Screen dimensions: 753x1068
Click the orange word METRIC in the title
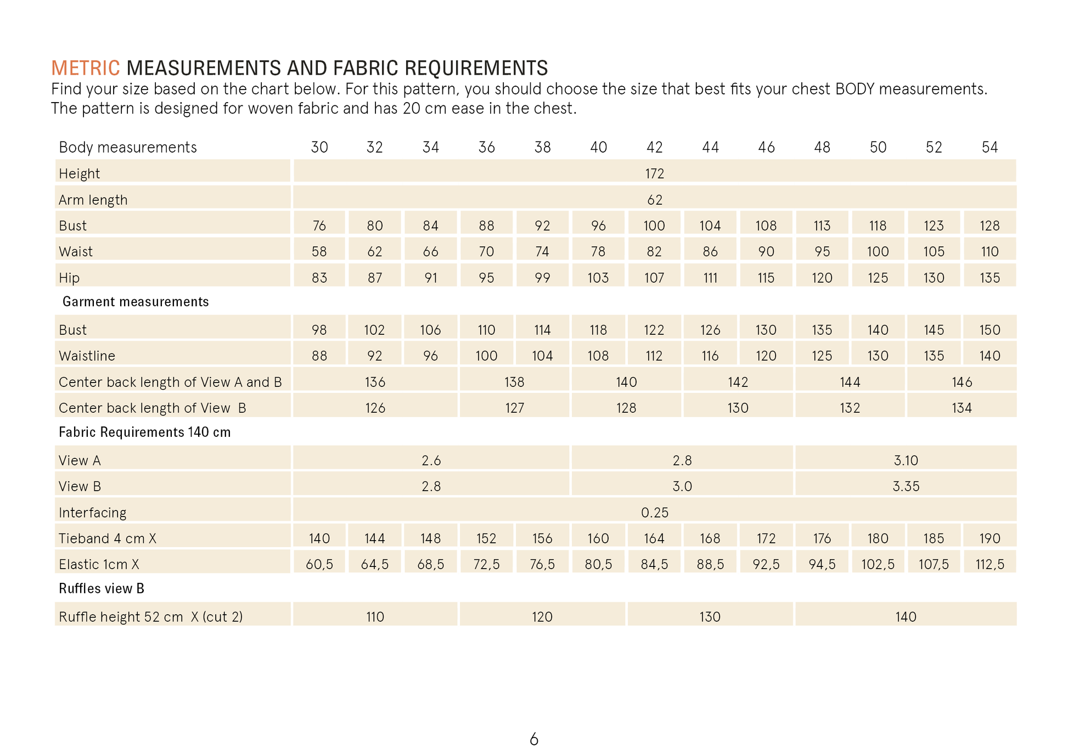click(x=85, y=68)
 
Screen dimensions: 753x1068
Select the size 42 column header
click(x=654, y=147)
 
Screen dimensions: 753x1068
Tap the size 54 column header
click(x=990, y=147)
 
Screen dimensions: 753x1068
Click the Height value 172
click(x=654, y=173)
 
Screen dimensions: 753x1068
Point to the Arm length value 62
click(x=654, y=200)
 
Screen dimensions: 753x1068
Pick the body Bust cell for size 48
click(x=822, y=226)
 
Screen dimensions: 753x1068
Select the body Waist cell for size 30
click(x=319, y=251)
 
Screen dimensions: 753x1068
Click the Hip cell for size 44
click(x=710, y=278)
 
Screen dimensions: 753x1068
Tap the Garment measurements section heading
click(x=136, y=302)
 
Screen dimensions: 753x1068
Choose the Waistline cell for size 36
click(x=486, y=356)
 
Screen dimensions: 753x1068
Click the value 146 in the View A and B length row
click(x=962, y=382)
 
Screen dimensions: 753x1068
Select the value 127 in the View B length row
click(x=514, y=408)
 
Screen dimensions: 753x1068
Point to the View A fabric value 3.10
click(x=906, y=460)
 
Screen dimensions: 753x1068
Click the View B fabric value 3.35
click(x=906, y=486)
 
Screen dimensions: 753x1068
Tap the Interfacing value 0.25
click(x=654, y=513)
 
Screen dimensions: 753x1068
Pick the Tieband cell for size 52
click(x=933, y=538)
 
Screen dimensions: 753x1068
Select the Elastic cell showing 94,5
click(x=822, y=564)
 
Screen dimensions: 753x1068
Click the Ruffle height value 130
click(x=710, y=617)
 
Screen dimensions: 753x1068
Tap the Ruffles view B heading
click(x=102, y=589)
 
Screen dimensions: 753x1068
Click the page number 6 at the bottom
click(x=534, y=739)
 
